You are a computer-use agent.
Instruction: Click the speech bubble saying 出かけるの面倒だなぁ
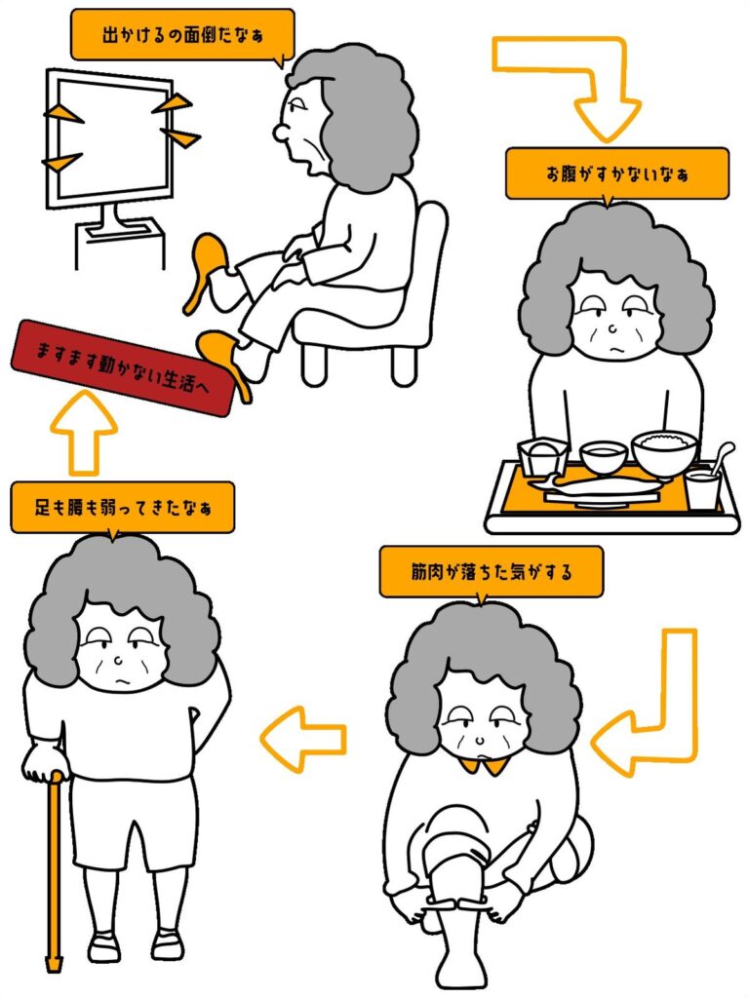181,35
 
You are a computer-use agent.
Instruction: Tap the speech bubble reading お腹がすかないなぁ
616,173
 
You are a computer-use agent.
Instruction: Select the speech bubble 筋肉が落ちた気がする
491,572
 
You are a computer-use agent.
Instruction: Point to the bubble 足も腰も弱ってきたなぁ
122,507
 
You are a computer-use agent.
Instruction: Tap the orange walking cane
54,867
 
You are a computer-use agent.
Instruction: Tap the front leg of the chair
313,364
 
